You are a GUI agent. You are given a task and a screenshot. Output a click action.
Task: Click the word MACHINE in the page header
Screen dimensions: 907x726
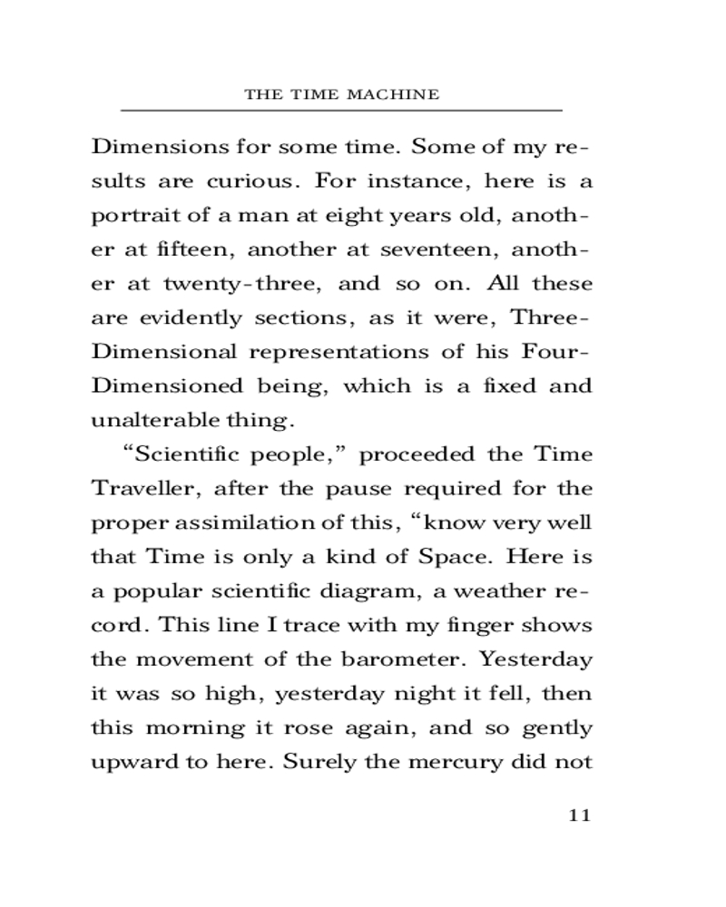point(396,94)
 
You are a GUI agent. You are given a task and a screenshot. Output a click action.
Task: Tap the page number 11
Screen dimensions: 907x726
point(579,814)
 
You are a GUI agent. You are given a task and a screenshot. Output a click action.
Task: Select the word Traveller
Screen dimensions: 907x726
point(145,489)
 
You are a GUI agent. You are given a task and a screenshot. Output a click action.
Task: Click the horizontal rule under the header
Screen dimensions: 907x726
point(341,111)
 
